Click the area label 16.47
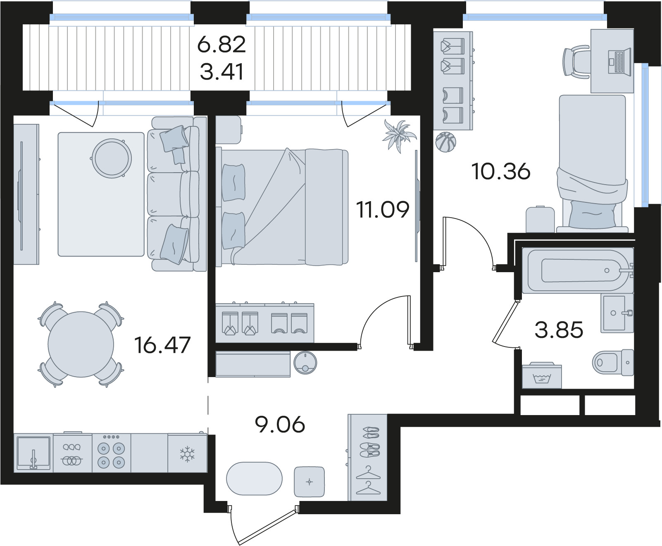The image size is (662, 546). click(162, 345)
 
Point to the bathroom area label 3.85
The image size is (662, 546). click(559, 330)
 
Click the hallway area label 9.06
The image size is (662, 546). click(281, 424)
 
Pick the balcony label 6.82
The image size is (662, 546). click(221, 45)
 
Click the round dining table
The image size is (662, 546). click(81, 344)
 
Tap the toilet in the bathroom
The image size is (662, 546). click(613, 362)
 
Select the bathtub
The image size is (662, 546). click(578, 271)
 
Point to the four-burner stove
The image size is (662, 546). click(111, 453)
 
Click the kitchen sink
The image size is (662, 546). click(33, 453)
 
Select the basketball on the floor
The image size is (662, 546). click(445, 142)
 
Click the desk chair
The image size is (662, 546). click(577, 62)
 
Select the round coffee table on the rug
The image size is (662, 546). click(112, 158)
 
